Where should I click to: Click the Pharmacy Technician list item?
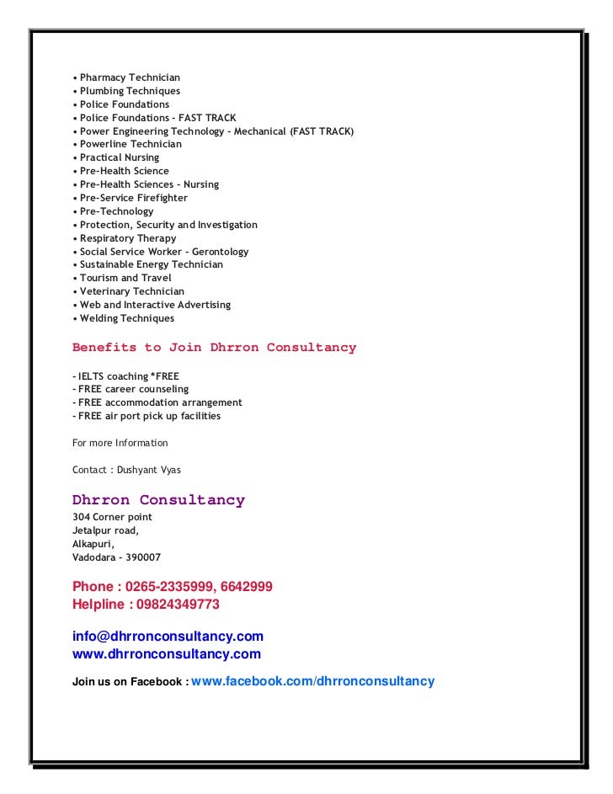point(130,77)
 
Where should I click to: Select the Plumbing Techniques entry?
point(130,91)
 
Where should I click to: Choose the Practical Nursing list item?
point(119,157)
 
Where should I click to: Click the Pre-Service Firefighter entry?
point(133,198)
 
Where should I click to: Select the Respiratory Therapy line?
point(128,238)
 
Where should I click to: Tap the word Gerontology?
point(220,252)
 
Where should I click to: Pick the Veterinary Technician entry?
point(131,291)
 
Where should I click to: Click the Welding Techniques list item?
point(126,318)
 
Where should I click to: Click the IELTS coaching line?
point(125,376)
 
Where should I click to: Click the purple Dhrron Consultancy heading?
point(158,500)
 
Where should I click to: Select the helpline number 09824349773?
point(183,605)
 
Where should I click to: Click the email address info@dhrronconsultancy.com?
point(168,637)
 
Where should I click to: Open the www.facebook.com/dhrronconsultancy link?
point(313,681)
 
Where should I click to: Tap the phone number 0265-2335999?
point(169,587)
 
